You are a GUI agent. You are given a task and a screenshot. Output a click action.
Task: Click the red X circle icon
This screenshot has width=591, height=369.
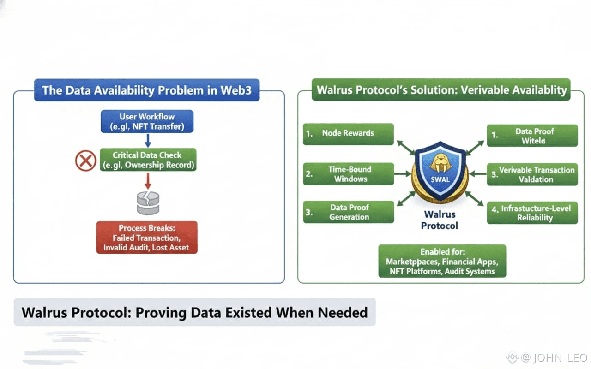point(85,161)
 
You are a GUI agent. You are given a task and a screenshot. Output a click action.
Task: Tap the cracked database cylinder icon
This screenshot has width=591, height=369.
point(148,203)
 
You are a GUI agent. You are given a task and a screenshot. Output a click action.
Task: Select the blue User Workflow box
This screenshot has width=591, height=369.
point(147,122)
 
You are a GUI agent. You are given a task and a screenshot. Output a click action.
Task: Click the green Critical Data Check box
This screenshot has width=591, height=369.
point(148,160)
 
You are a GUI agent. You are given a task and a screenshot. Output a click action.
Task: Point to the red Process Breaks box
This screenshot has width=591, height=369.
point(147,238)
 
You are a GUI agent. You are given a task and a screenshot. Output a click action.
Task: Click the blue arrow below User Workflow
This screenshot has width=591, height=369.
point(147,140)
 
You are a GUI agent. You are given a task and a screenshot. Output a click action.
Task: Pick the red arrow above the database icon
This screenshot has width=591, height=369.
point(148,180)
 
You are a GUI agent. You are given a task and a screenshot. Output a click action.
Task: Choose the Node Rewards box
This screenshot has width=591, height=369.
point(348,133)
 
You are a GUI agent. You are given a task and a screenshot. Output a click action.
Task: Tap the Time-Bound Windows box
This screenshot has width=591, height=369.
point(348,174)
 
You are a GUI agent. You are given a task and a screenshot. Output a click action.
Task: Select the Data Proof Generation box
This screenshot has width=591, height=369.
point(348,212)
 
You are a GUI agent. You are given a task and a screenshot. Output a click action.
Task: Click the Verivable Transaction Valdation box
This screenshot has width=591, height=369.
point(532,174)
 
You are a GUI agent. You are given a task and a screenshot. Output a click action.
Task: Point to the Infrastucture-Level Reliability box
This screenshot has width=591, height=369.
point(532,213)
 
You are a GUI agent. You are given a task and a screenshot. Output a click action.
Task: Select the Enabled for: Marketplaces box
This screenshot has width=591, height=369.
point(442,261)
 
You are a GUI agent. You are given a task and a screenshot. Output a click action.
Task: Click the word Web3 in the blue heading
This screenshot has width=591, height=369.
point(235,90)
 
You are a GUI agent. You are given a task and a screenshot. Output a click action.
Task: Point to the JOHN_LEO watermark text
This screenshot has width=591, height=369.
point(560,357)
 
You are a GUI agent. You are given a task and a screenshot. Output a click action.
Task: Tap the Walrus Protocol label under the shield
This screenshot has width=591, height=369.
point(440,220)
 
